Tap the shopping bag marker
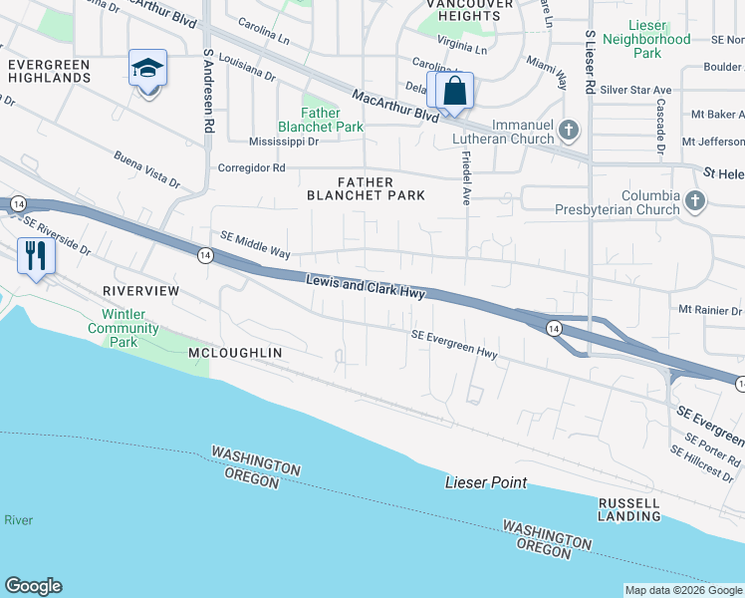pyautogui.click(x=454, y=91)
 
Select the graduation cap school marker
pyautogui.click(x=147, y=69)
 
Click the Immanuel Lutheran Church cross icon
pyautogui.click(x=568, y=130)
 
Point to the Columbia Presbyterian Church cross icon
pyautogui.click(x=695, y=202)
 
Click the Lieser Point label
pyautogui.click(x=485, y=482)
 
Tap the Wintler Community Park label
pyautogui.click(x=124, y=328)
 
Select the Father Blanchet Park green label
pyautogui.click(x=321, y=120)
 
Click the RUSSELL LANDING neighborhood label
pyautogui.click(x=628, y=509)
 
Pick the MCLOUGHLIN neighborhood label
pyautogui.click(x=235, y=353)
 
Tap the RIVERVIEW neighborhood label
pyautogui.click(x=140, y=290)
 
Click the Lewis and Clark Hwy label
pyautogui.click(x=366, y=287)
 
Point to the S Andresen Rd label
pyautogui.click(x=209, y=92)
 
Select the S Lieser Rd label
pyautogui.click(x=590, y=63)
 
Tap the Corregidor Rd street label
pyautogui.click(x=252, y=167)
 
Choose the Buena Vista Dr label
pyautogui.click(x=146, y=169)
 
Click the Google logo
pyautogui.click(x=34, y=586)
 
